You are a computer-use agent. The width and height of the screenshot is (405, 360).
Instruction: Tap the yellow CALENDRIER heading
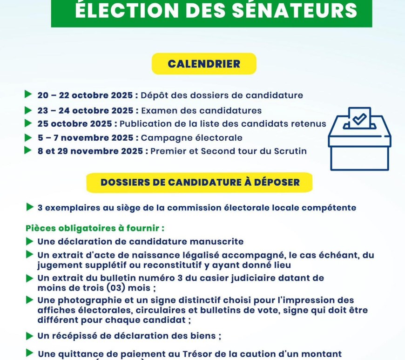(x=204, y=64)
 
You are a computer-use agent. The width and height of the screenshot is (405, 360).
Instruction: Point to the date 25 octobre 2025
(x=77, y=124)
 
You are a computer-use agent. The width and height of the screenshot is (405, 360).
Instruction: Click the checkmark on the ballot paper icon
(x=359, y=119)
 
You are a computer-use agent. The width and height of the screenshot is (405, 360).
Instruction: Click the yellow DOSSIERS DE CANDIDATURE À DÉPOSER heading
(x=200, y=182)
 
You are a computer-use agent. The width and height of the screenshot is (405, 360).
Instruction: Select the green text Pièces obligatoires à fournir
(x=95, y=229)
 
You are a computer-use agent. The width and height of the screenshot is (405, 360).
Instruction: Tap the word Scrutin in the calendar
(x=290, y=151)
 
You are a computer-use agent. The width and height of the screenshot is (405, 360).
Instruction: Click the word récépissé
(x=79, y=336)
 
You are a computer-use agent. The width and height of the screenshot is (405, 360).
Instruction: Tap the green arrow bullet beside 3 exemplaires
(x=30, y=207)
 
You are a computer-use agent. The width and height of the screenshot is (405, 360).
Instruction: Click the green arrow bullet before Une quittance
(x=30, y=353)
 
